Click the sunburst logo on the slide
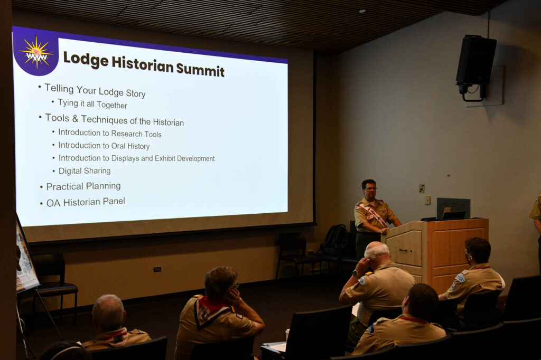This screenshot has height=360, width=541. tap(36, 53)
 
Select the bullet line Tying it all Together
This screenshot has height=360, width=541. tap(92, 104)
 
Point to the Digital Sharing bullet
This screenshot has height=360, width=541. tap(85, 170)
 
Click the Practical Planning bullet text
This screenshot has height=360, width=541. tap(83, 186)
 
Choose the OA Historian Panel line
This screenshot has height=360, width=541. tap(86, 202)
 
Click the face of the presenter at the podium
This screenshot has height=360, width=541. tap(369, 190)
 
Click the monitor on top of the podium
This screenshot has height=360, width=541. tap(453, 209)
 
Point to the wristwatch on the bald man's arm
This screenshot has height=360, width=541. tap(355, 274)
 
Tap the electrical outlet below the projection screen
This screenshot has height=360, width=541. tap(157, 269)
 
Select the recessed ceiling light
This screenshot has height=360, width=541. tap(362, 11)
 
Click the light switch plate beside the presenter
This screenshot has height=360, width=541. tap(421, 188)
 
